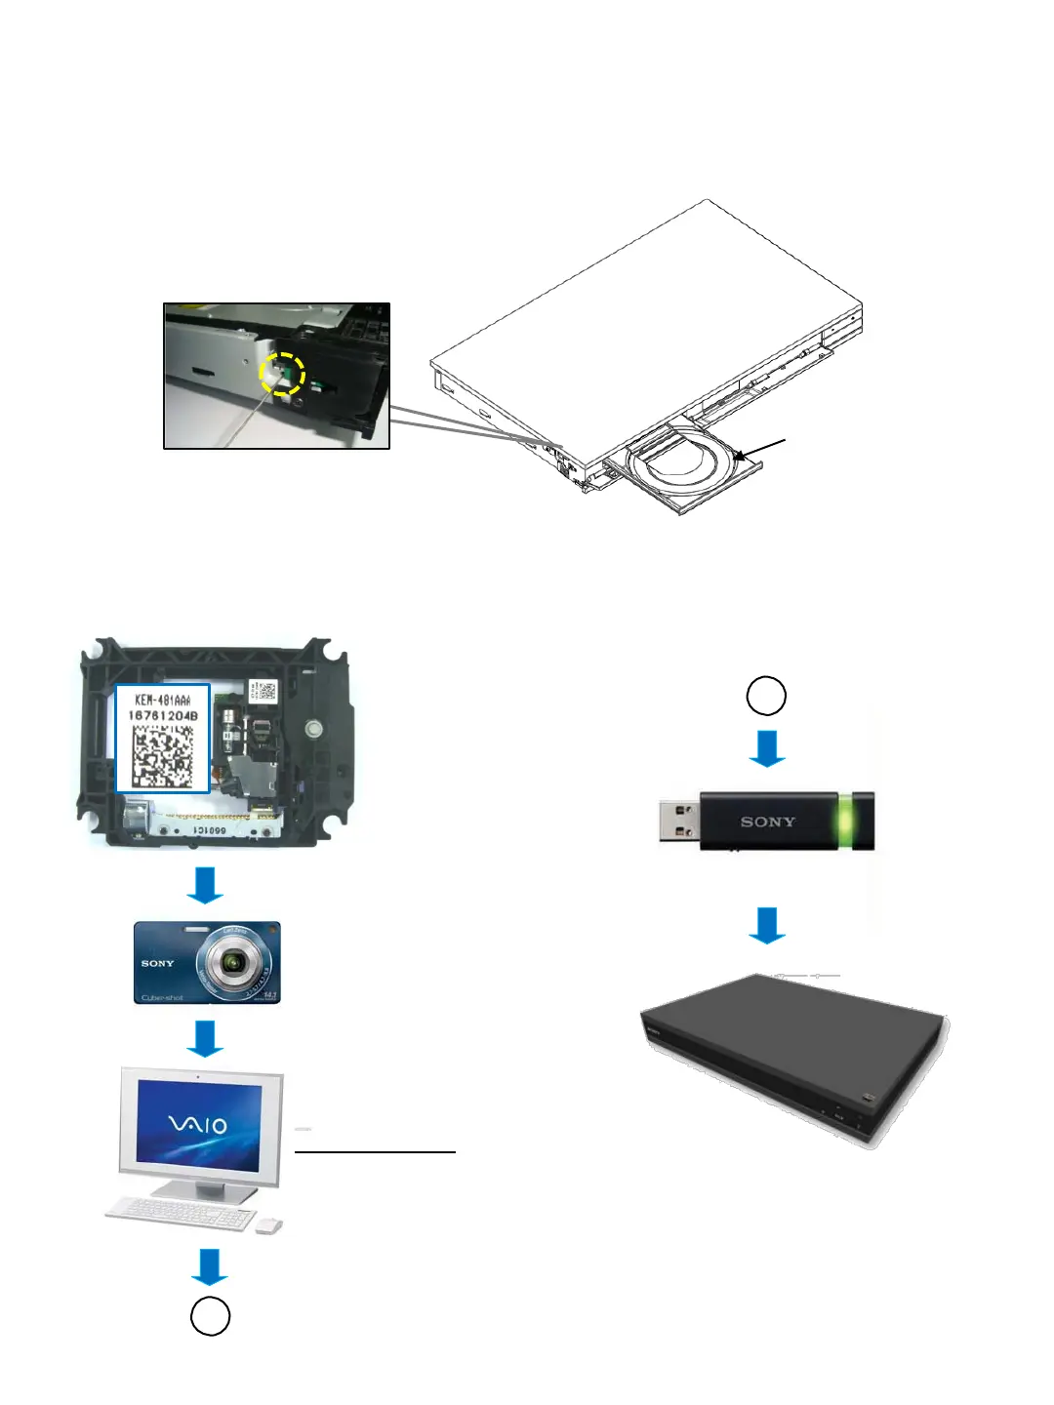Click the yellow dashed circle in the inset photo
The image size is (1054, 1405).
point(282,375)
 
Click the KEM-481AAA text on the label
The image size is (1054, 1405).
point(163,700)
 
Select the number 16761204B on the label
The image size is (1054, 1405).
point(163,715)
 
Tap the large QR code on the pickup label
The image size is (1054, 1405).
point(163,755)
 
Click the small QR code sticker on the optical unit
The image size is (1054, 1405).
point(263,692)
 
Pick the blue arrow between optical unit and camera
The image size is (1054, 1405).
point(205,885)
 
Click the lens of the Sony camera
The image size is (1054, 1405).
point(232,963)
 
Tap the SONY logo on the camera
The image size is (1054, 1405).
point(157,963)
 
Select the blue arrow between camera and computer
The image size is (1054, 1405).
point(205,1038)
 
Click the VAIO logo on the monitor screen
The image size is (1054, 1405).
point(198,1125)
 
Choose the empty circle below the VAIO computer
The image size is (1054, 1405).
point(210,1316)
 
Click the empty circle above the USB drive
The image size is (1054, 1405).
point(766,696)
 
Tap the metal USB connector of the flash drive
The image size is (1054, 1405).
point(679,821)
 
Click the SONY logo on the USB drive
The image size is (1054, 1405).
point(768,822)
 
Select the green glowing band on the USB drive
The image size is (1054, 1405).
point(845,820)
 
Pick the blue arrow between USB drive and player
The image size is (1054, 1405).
point(767,925)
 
